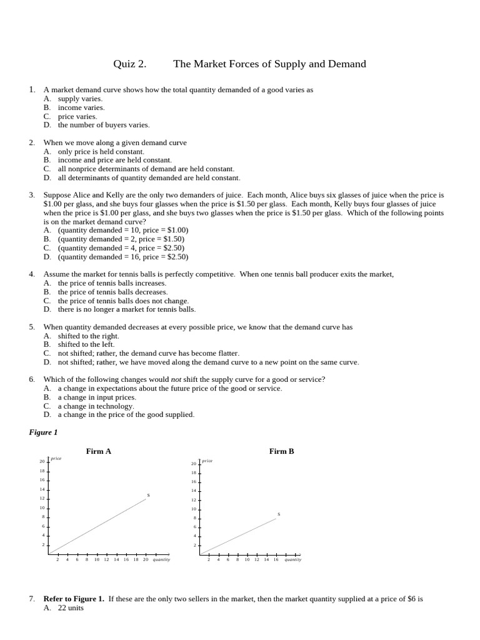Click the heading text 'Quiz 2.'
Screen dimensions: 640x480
(129, 64)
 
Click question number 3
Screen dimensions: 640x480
(31, 195)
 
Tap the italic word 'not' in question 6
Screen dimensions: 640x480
(176, 379)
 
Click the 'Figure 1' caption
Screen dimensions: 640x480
(43, 432)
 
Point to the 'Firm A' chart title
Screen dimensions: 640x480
(99, 451)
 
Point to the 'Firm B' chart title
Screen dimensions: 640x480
(281, 451)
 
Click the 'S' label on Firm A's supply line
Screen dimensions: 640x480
(148, 495)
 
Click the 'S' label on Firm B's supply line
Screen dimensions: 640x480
(279, 514)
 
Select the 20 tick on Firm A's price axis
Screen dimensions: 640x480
(42, 462)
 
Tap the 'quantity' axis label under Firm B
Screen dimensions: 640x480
(293, 559)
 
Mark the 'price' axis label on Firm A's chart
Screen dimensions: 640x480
(56, 458)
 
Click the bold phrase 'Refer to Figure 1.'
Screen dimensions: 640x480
(74, 599)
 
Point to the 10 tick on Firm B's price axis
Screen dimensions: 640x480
(194, 509)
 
